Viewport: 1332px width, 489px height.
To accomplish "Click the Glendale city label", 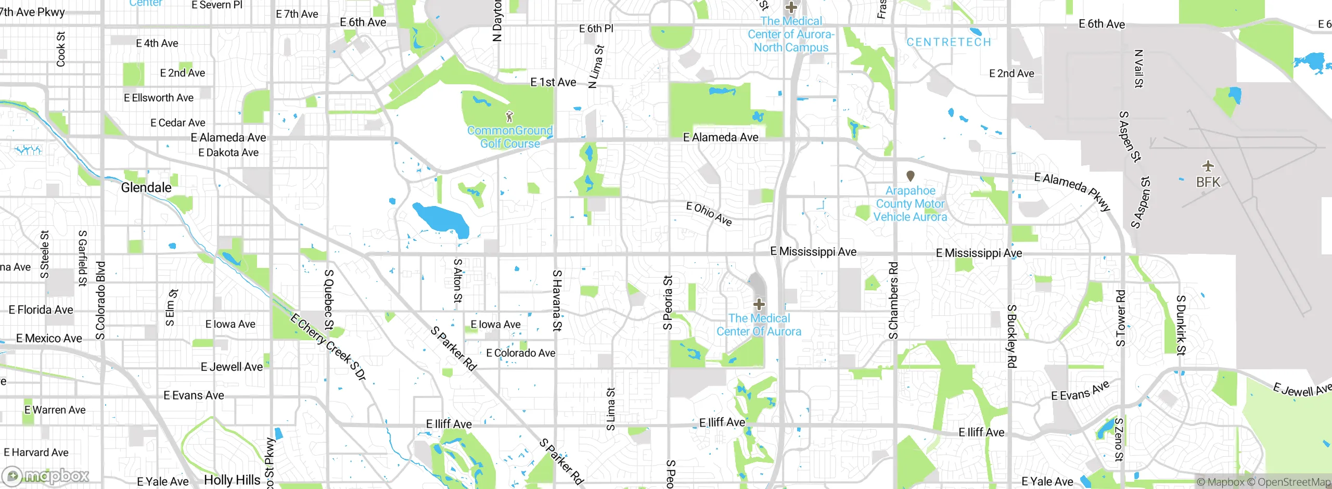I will pyautogui.click(x=146, y=188).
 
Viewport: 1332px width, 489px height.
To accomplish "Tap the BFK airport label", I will pyautogui.click(x=1208, y=183).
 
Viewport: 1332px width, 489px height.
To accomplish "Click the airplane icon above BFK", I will pyautogui.click(x=1208, y=166).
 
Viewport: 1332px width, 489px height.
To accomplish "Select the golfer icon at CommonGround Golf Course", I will pyautogui.click(x=509, y=117).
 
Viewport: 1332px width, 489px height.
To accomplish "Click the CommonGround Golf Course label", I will pyautogui.click(x=510, y=137).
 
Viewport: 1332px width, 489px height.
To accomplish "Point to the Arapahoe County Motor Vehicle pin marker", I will pyautogui.click(x=910, y=176).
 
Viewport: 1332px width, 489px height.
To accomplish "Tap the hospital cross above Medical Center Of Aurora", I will pyautogui.click(x=759, y=304).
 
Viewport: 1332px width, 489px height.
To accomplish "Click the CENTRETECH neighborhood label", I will pyautogui.click(x=949, y=42).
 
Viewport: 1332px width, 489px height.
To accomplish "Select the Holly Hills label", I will pyautogui.click(x=232, y=480).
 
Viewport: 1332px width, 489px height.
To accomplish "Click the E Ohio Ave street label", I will pyautogui.click(x=709, y=214).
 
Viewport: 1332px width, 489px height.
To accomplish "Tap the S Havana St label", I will pyautogui.click(x=557, y=300).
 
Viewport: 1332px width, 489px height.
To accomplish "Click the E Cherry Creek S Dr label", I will pyautogui.click(x=328, y=347).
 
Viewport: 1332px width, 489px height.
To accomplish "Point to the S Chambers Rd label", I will pyautogui.click(x=893, y=300).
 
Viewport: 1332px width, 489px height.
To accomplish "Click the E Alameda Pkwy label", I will pyautogui.click(x=1072, y=191).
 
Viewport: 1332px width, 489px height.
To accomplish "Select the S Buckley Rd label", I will pyautogui.click(x=1011, y=336).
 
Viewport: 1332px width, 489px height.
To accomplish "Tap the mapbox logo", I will pyautogui.click(x=46, y=475).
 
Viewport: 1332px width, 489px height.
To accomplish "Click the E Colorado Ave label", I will pyautogui.click(x=520, y=353).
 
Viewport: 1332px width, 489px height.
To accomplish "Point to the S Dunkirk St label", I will pyautogui.click(x=1181, y=325).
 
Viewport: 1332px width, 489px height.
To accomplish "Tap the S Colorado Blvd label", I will pyautogui.click(x=100, y=300).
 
